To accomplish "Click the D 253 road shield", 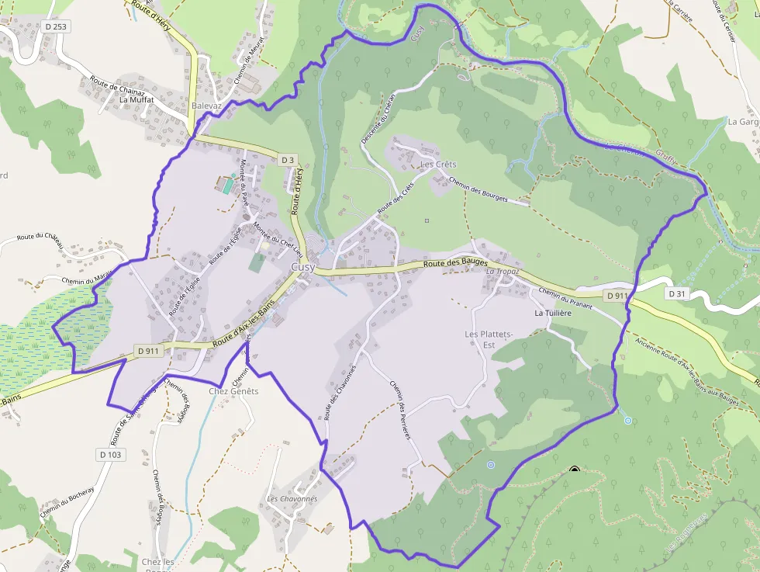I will pos(56,26).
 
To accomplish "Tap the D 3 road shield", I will pos(288,160).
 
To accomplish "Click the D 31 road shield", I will pos(677,293).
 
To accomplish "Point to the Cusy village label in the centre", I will pos(302,267).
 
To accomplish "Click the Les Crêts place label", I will pos(438,165).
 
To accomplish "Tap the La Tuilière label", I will pos(553,313).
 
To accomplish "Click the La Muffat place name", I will pos(136,99).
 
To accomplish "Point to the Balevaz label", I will pos(207,106).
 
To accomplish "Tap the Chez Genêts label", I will pos(233,391).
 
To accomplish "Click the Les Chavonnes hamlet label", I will pos(292,498).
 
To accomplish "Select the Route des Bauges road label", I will pos(455,264).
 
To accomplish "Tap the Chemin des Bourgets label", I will pos(478,189).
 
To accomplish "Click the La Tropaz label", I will pos(502,272).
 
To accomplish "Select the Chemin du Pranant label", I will pos(565,300).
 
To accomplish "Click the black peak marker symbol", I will pos(575,470).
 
